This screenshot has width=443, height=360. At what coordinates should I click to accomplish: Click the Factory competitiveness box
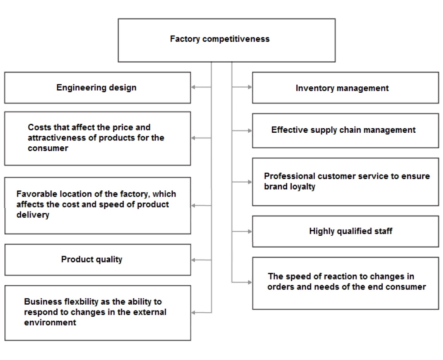click(x=226, y=40)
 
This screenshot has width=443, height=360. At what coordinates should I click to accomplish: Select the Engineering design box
click(x=97, y=88)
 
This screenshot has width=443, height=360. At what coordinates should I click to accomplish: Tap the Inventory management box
click(x=345, y=88)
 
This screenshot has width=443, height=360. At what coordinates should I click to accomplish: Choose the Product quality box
click(x=97, y=259)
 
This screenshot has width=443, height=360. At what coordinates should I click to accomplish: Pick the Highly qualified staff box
click(x=345, y=231)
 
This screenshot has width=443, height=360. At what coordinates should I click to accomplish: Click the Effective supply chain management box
click(x=345, y=130)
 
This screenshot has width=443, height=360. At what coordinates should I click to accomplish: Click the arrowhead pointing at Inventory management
click(x=249, y=88)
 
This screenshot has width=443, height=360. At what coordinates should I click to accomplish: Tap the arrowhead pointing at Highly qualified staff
click(x=249, y=231)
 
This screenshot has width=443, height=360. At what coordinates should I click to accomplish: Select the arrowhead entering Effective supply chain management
click(x=249, y=130)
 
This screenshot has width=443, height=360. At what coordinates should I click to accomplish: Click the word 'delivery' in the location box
click(x=33, y=215)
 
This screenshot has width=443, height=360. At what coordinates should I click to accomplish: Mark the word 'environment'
click(x=50, y=323)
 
